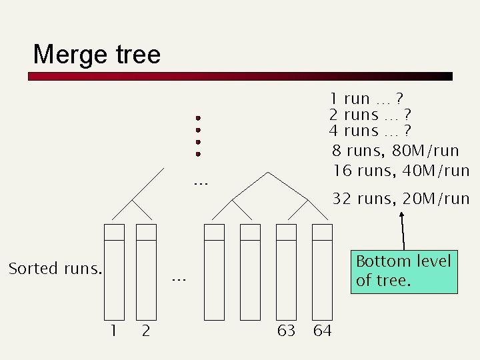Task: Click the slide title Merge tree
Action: click(97, 54)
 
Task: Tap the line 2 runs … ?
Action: click(369, 115)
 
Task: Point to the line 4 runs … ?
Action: click(369, 131)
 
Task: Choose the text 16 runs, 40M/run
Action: click(401, 171)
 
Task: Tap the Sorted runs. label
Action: click(55, 269)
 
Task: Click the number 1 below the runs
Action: click(114, 331)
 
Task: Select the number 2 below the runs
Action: click(145, 331)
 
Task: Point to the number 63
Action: click(286, 331)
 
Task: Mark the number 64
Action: click(322, 331)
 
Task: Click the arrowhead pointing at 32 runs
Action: click(402, 215)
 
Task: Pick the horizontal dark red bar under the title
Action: click(240, 77)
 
